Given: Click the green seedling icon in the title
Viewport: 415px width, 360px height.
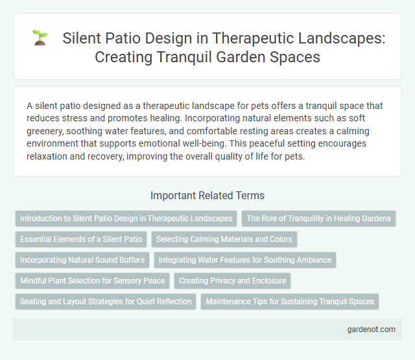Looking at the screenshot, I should click(x=40, y=39).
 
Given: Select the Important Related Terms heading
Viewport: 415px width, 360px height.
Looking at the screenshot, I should click(x=207, y=195).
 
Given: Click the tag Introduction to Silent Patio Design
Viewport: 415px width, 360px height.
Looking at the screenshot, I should click(x=126, y=219).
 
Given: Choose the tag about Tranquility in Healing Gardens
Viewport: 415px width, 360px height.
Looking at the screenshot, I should click(x=318, y=219).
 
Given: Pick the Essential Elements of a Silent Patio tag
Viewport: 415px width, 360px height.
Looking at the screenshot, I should click(x=81, y=239).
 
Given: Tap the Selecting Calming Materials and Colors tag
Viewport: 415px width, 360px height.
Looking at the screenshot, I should click(x=224, y=239).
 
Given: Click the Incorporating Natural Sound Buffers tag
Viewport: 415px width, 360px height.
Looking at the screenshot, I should click(x=83, y=260).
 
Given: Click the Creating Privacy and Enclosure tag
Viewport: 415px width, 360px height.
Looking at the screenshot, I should click(x=232, y=281).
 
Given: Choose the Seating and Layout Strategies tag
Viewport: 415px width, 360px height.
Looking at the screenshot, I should click(x=106, y=302).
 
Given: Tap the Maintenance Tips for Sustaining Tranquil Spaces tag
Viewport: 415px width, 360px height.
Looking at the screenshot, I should click(x=290, y=302).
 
